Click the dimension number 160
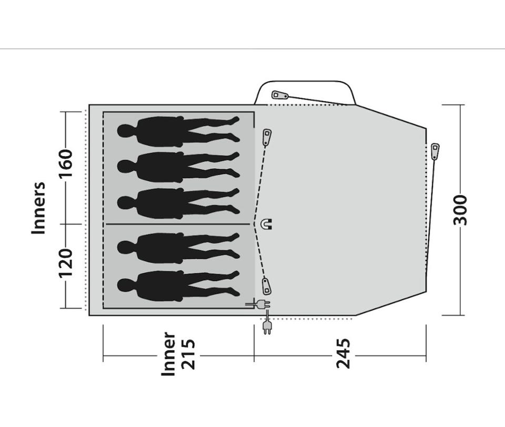coord(65,164)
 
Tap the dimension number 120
coord(65,263)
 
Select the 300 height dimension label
coord(460,210)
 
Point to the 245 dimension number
coord(343,353)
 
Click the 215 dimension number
coord(188,354)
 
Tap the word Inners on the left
coord(38,208)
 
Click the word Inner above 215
coord(168,354)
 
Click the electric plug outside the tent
coord(267,324)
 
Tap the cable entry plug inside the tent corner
coord(259,304)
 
